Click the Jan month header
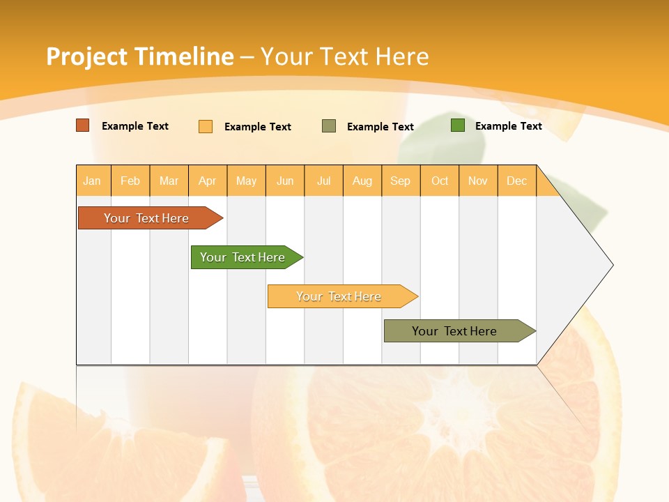click(92, 181)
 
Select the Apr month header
click(208, 181)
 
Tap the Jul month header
click(323, 181)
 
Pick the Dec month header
click(516, 181)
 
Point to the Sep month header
click(400, 181)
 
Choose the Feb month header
click(130, 181)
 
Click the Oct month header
click(440, 181)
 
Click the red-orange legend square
click(83, 125)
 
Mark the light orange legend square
click(206, 126)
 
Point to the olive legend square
click(329, 126)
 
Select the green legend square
click(458, 125)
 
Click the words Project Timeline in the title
click(140, 56)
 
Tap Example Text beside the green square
click(508, 126)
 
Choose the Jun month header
click(285, 181)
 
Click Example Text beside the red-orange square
click(135, 126)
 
